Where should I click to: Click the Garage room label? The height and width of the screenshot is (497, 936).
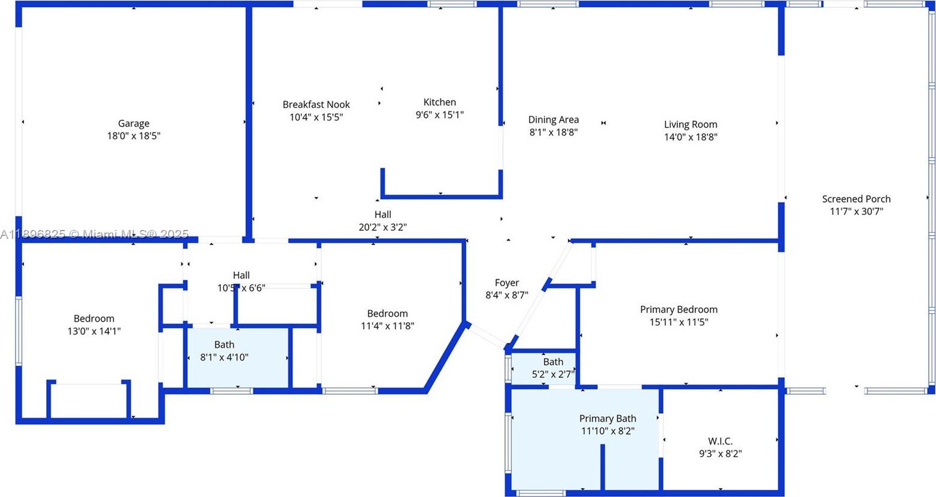[x=133, y=123]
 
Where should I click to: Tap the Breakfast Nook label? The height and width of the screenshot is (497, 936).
[x=316, y=104]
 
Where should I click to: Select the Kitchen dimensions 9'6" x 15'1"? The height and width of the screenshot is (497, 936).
[x=440, y=114]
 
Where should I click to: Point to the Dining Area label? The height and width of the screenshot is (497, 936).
[x=553, y=120]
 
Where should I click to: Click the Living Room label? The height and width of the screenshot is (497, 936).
[x=690, y=125]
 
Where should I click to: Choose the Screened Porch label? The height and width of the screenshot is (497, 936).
[x=856, y=199]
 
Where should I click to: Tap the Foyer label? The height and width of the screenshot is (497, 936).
[x=506, y=283]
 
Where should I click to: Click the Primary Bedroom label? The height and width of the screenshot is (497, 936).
[x=679, y=310]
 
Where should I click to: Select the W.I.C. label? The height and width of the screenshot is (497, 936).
[x=720, y=441]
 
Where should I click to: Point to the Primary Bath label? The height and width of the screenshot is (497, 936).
[x=607, y=419]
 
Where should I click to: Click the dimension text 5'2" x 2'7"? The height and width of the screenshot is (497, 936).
[x=553, y=374]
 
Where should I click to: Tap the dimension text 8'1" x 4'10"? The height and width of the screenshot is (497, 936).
[x=224, y=357]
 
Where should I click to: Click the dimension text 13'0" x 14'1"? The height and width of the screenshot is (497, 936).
[x=94, y=331]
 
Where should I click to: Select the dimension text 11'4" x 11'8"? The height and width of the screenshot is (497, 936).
[x=387, y=326]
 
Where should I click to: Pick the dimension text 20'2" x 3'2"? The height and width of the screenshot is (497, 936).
[x=383, y=227]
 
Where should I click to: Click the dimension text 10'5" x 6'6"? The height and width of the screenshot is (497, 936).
[x=241, y=288]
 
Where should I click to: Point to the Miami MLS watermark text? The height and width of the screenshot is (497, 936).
[x=95, y=234]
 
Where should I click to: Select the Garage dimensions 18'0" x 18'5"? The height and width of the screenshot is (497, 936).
[x=133, y=136]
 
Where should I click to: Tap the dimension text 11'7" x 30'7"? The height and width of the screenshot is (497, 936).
[x=856, y=211]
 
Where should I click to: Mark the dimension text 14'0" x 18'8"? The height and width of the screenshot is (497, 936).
[x=690, y=137]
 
